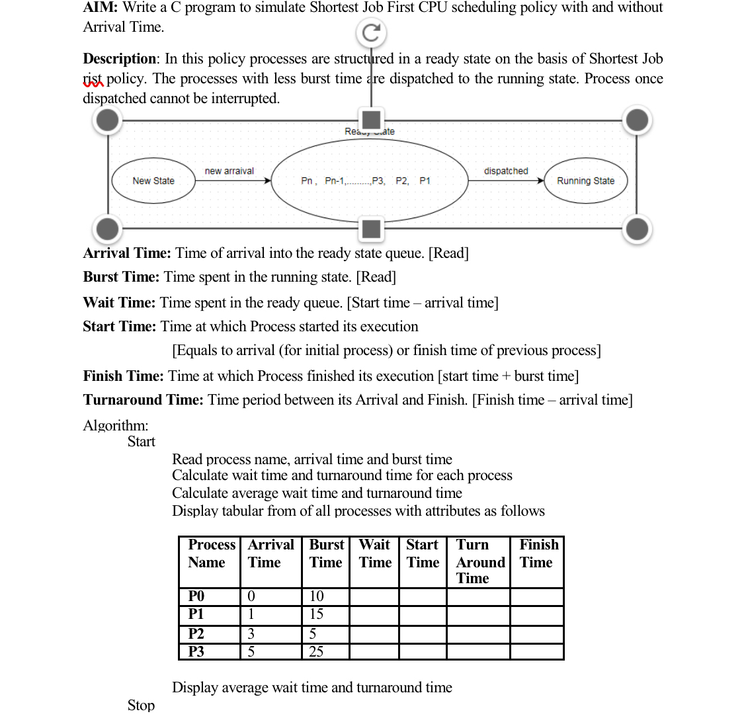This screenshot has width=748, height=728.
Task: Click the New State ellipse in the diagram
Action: coord(153,181)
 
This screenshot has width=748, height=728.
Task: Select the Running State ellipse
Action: coord(585,181)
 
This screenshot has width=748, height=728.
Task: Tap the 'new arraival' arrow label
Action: coord(229,171)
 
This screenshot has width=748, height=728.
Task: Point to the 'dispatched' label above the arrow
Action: coord(506,171)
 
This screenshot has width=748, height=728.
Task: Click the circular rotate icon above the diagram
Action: coord(371,32)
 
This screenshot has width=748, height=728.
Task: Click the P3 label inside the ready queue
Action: coord(378,181)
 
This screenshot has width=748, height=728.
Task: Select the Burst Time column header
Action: coord(326,553)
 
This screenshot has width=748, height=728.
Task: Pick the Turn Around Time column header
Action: coord(479,561)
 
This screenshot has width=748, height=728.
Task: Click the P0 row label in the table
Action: coord(196,596)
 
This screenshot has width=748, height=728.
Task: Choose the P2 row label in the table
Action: coord(196,633)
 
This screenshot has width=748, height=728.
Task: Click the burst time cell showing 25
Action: coord(317,651)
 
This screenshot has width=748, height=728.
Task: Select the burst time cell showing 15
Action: coord(317,614)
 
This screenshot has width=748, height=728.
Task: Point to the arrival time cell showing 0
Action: coord(251,596)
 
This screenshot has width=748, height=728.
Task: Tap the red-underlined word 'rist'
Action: coord(93,79)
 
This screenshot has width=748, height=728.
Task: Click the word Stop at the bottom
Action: coord(141,706)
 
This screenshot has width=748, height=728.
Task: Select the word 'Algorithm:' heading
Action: coord(116,425)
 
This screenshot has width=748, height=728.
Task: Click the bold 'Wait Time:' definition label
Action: coord(119,302)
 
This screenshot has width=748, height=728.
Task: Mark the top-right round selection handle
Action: coord(637,120)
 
